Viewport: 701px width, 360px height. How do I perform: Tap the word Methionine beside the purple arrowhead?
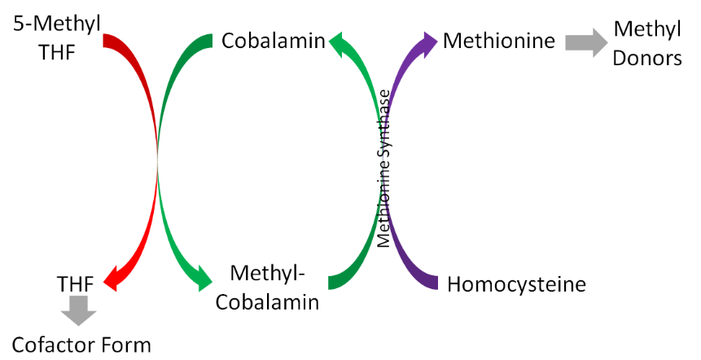point(499,40)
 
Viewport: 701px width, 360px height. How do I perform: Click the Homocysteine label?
point(516,285)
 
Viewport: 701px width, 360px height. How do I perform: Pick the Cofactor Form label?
point(81,343)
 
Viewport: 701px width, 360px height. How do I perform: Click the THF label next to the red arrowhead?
point(76,284)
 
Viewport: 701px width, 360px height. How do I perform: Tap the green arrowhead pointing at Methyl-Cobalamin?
point(198,279)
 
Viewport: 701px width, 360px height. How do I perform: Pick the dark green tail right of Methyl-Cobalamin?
point(337,279)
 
